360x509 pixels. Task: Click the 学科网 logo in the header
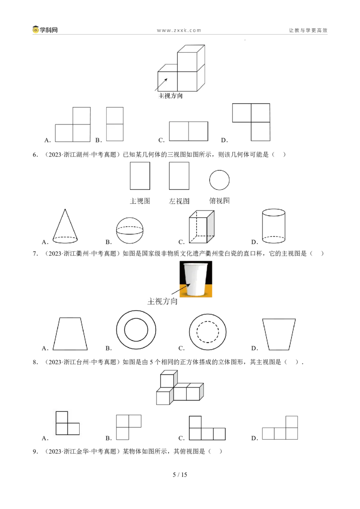45,30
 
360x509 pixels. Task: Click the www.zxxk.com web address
179,30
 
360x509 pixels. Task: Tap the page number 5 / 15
180,474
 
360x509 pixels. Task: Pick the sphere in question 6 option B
130,231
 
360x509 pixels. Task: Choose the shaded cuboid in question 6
202,227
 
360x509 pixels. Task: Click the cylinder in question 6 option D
274,226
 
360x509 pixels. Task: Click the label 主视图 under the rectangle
140,201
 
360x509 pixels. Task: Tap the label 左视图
179,201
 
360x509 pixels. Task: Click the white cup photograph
196,279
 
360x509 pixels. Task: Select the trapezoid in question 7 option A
70,334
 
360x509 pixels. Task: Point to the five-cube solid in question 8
180,388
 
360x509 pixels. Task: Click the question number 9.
35,451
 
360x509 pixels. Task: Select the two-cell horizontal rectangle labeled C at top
189,131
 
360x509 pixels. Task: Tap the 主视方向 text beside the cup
162,301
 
